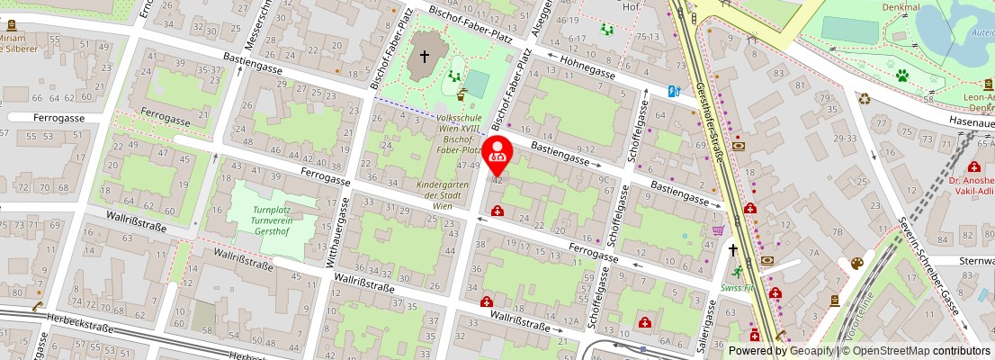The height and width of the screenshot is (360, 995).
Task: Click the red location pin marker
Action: (x=497, y=155)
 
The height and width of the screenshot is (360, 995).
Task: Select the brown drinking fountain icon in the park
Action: (x=462, y=94)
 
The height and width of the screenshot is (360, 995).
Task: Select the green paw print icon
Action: (x=901, y=76)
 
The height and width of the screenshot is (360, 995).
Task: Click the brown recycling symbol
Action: (x=864, y=99)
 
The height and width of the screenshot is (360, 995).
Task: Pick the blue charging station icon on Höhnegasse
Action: (x=675, y=91)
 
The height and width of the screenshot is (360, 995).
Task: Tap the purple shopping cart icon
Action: (x=718, y=230)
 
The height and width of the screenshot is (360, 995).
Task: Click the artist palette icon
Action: (x=856, y=264)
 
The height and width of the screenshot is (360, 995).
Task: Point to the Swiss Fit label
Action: (x=737, y=288)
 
